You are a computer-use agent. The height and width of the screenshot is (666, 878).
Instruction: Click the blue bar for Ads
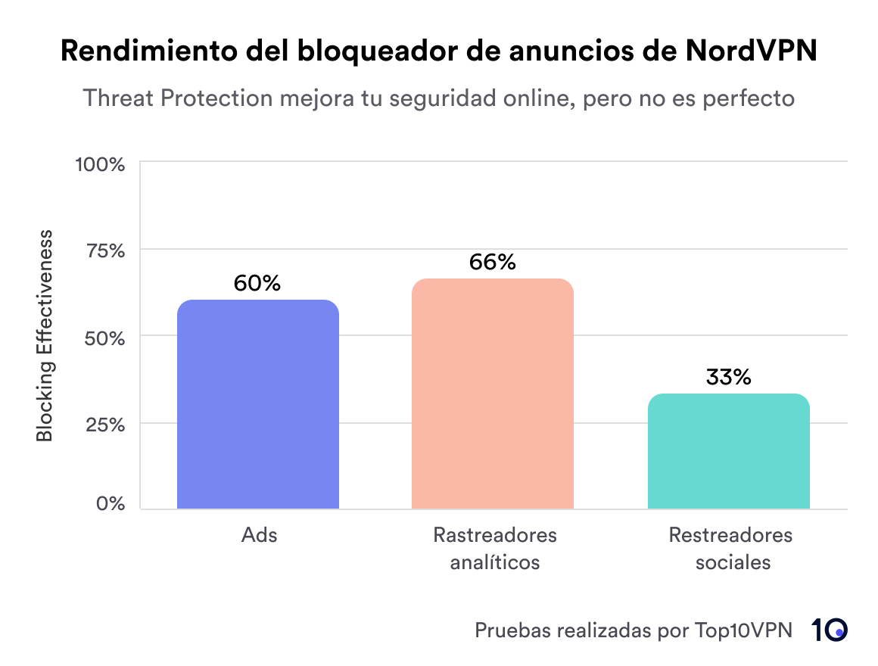tap(257, 404)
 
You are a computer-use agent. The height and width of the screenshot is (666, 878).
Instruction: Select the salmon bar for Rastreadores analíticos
tap(493, 394)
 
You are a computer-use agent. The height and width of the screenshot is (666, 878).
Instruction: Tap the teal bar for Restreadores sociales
tap(728, 451)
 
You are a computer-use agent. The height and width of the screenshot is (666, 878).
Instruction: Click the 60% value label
tap(257, 283)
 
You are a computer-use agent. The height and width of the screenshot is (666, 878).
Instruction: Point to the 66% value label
tap(493, 262)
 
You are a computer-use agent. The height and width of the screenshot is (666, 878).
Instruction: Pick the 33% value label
tap(728, 377)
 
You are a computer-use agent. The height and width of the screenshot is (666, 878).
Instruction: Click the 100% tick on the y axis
tap(99, 164)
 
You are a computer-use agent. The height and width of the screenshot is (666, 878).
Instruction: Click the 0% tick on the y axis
tap(109, 504)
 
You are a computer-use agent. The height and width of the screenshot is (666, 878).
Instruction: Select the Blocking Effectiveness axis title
tap(45, 335)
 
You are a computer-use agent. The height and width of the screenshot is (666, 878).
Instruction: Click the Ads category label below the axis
tap(259, 535)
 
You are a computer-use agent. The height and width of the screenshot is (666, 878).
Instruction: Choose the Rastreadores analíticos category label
tap(494, 549)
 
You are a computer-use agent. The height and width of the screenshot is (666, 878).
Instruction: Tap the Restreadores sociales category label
tap(730, 549)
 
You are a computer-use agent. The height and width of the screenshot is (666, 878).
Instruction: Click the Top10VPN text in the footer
tap(743, 630)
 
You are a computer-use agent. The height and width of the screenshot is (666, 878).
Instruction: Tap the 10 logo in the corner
tap(829, 630)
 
